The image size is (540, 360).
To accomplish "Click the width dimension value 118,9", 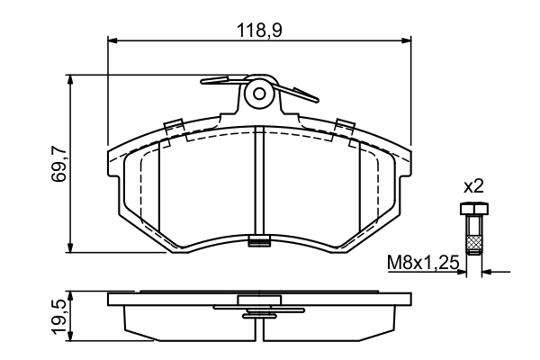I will (x=261, y=30).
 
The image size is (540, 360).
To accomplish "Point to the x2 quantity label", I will (x=473, y=187).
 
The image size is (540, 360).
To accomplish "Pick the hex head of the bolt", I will (x=473, y=210).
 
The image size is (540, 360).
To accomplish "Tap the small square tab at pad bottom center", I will (x=259, y=239).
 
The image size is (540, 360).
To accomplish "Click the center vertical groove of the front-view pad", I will (x=259, y=180).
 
